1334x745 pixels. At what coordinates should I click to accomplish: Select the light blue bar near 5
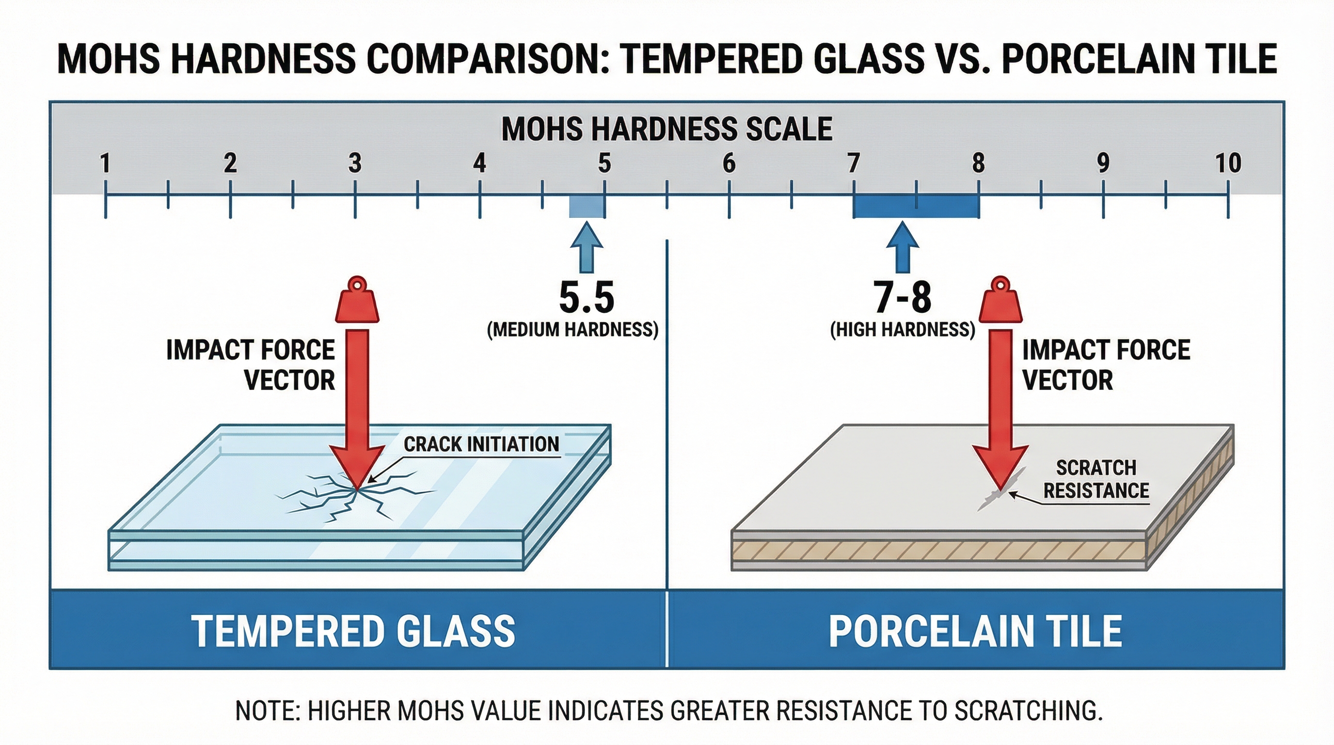click(x=587, y=207)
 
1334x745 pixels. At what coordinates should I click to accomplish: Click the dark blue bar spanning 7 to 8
click(x=916, y=207)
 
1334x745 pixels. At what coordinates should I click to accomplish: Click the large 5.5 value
click(x=586, y=297)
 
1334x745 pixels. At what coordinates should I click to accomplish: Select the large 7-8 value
click(x=903, y=297)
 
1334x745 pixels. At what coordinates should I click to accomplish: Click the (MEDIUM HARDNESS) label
click(x=573, y=329)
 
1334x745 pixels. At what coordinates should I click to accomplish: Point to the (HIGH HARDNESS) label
click(x=903, y=329)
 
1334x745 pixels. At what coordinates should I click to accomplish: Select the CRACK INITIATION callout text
click(x=481, y=444)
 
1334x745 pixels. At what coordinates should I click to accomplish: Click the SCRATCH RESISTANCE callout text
click(x=1096, y=479)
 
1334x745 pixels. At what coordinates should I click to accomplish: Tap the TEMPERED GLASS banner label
click(x=354, y=631)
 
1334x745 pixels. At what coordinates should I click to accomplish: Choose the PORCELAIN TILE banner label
click(x=975, y=631)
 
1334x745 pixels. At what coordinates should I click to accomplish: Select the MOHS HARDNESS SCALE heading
click(x=667, y=129)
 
